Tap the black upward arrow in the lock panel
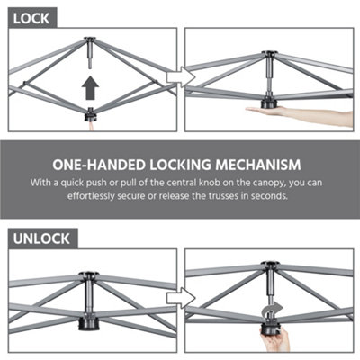(89, 87)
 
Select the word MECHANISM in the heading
(261, 165)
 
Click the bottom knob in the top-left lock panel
(91, 115)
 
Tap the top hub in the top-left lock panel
(90, 41)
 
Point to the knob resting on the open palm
(269, 103)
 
